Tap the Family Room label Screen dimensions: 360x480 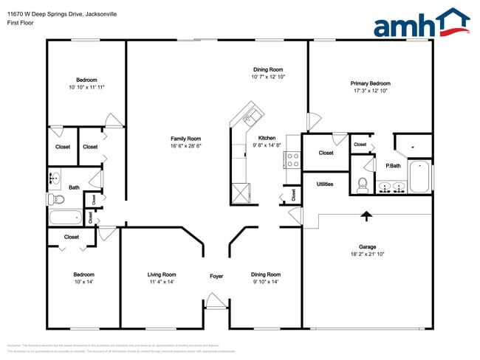point(186,139)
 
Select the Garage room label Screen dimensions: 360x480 point(367,246)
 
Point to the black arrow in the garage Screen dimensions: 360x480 point(366,215)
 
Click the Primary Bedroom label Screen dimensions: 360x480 point(370,83)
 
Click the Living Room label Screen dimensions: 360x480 point(162,274)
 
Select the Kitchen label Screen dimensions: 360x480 point(267,138)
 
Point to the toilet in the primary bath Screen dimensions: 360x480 point(363,184)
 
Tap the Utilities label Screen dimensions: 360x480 point(325,184)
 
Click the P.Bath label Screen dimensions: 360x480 point(393,165)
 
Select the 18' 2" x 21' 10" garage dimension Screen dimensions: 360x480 point(367,254)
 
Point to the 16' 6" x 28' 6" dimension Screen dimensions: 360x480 point(186,146)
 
